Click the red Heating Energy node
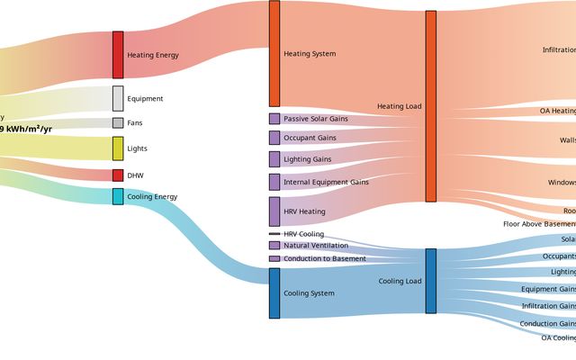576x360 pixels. [118, 55]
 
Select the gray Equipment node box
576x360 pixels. [118, 98]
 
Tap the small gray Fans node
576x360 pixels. [118, 122]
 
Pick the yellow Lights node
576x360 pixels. [118, 148]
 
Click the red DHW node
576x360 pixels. [118, 175]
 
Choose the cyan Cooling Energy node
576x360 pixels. [118, 196]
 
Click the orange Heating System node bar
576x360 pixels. [274, 54]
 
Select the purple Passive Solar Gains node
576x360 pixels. [274, 119]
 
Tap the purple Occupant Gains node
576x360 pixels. [274, 138]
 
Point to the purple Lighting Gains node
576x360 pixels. [274, 159]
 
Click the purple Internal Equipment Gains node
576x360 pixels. [274, 182]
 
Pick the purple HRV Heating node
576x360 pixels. [274, 211]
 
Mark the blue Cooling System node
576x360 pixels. [274, 293]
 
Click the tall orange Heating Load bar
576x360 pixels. [431, 106]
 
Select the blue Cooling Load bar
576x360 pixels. [431, 281]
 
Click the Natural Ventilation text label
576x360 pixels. [316, 246]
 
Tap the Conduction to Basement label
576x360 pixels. [325, 259]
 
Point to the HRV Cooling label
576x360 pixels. [303, 234]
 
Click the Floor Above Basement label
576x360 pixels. [539, 224]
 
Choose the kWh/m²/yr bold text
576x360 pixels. [26, 130]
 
